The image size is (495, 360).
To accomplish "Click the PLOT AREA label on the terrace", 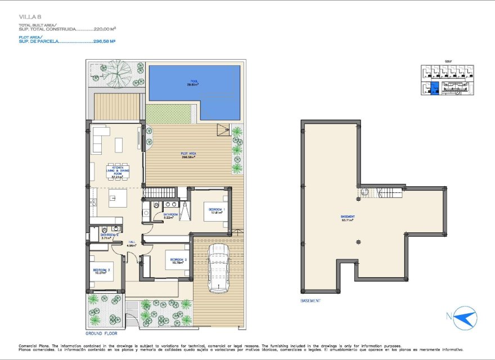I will pyautogui.click(x=187, y=156).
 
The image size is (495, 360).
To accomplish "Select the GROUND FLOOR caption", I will pyautogui.click(x=101, y=333).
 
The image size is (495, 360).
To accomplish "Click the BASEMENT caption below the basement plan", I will pyautogui.click(x=311, y=300).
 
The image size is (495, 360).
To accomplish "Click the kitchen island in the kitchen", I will pyautogui.click(x=118, y=198).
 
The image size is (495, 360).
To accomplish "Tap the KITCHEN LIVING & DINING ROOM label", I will pyautogui.click(x=118, y=172).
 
